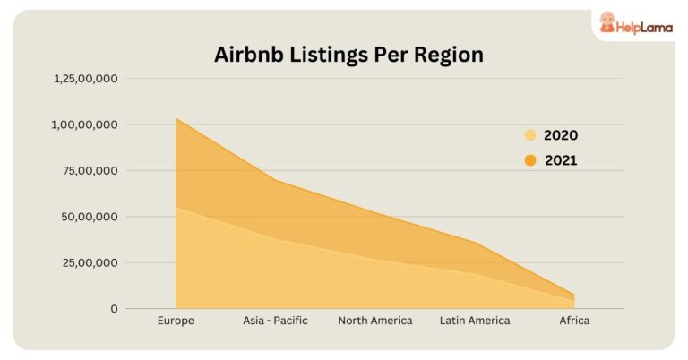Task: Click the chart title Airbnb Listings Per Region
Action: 348,55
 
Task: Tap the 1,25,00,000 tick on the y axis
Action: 86,79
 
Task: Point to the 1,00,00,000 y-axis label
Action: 86,124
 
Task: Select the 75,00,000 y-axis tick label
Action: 90,170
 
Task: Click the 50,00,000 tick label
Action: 90,217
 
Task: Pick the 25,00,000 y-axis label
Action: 90,262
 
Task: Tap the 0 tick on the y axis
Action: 114,309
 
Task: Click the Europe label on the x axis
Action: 176,321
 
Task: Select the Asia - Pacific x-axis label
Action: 275,321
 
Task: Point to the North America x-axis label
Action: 375,321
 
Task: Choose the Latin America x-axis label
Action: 475,321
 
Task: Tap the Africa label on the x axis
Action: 574,321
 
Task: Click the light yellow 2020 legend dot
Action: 530,136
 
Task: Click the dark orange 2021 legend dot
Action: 530,161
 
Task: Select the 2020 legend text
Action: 561,136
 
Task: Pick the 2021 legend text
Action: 561,161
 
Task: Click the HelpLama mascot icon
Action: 607,23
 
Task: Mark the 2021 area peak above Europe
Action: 176,119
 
